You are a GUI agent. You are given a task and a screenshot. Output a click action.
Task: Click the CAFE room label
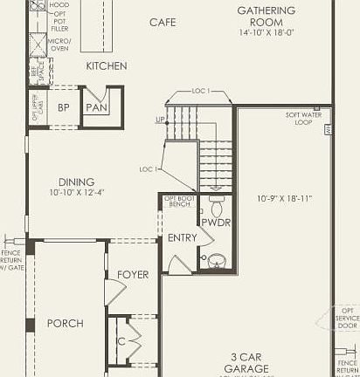tap(163, 22)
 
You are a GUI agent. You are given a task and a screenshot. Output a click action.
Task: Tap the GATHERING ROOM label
tap(267, 17)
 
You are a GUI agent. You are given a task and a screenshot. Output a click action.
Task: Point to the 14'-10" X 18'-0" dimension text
tap(267, 33)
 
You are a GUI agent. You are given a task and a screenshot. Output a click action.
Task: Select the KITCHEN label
tap(107, 66)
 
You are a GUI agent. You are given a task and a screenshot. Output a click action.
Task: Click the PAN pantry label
tap(95, 107)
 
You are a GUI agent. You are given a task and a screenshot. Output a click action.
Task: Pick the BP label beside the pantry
tap(63, 107)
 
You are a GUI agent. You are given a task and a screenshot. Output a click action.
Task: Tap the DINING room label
tap(65, 181)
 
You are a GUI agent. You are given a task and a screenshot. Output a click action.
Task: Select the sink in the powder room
tap(216, 259)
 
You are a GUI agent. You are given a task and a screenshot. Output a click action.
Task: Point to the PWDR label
tap(215, 223)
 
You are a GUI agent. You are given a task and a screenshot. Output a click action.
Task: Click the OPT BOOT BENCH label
tap(179, 202)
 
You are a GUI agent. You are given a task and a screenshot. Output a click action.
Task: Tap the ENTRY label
tap(182, 238)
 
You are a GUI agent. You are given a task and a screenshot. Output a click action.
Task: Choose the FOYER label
tap(133, 275)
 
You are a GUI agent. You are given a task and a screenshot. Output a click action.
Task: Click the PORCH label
tap(66, 323)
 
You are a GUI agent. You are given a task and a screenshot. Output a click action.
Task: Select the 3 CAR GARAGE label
tap(249, 363)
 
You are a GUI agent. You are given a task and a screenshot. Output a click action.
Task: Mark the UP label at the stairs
tap(160, 119)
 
